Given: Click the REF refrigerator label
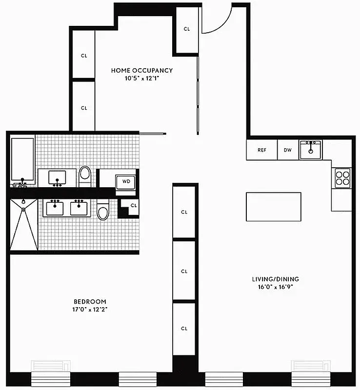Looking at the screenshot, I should (262, 150).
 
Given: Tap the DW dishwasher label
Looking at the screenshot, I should (288, 150).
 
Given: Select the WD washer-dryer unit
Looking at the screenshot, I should (126, 181).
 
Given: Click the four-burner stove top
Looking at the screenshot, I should (342, 177).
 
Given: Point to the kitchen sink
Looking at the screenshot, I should (311, 150).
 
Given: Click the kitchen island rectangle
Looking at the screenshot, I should (273, 207).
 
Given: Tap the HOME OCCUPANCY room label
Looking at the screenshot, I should (141, 70).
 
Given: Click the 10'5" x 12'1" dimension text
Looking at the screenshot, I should (141, 78).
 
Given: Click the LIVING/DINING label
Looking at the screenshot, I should (275, 279).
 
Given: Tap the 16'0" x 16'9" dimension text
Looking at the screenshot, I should (275, 287).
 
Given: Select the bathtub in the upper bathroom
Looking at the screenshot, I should (22, 159).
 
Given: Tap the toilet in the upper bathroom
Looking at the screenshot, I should (85, 176).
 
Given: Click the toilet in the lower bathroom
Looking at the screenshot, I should (102, 210).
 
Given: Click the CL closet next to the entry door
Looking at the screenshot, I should (186, 29).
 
